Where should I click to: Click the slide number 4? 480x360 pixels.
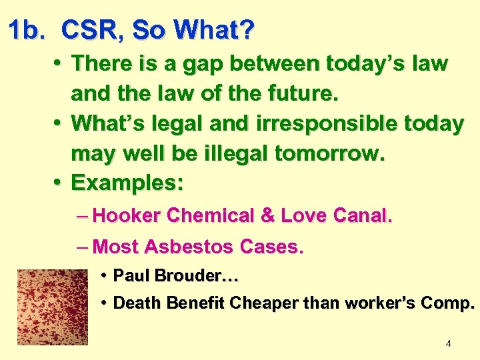click(448, 343)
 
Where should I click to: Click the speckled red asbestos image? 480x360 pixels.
click(53, 307)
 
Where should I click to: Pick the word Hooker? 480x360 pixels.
click(128, 215)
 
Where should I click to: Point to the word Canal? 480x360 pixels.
click(363, 215)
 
